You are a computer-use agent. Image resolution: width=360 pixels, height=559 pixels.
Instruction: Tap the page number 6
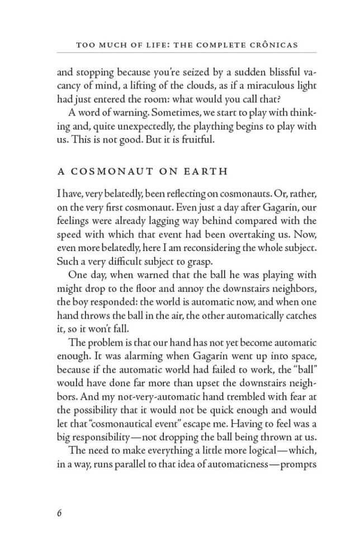(x=59, y=514)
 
